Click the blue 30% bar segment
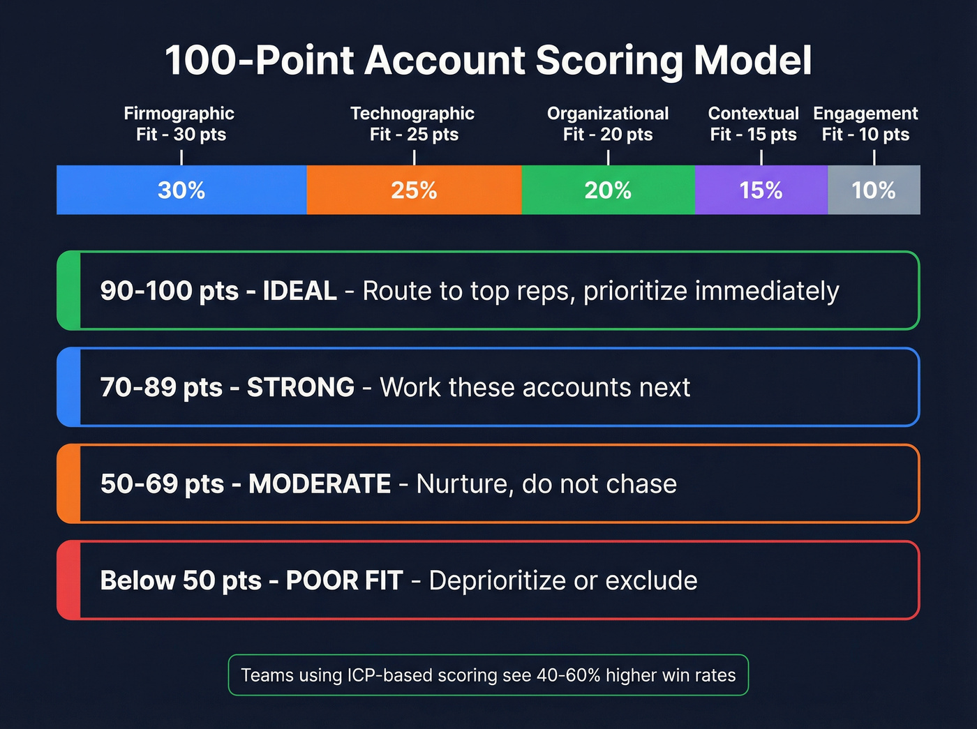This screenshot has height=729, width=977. click(x=181, y=190)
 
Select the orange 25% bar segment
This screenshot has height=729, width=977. click(x=414, y=190)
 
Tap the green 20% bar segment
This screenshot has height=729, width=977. click(x=608, y=190)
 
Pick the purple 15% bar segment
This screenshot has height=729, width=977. click(x=761, y=190)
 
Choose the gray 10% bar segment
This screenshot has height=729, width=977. click(x=874, y=190)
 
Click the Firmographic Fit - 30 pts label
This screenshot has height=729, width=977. click(x=180, y=123)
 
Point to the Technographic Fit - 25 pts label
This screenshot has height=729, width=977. click(x=413, y=123)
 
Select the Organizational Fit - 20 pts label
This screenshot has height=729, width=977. click(x=608, y=123)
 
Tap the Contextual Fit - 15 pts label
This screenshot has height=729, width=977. click(x=754, y=123)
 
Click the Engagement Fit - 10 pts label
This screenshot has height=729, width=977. click(x=865, y=123)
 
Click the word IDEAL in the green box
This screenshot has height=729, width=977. click(x=299, y=291)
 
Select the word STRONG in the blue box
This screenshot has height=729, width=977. click(x=301, y=387)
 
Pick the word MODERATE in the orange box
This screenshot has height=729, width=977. click(x=320, y=483)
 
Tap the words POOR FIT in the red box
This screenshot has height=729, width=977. click(x=344, y=580)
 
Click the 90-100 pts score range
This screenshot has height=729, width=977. click(x=169, y=291)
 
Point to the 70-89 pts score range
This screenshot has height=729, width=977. click(x=161, y=387)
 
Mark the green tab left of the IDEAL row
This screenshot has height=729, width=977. click(x=69, y=290)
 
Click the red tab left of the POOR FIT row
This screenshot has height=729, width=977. click(x=69, y=580)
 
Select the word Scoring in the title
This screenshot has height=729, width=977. click(x=609, y=61)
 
